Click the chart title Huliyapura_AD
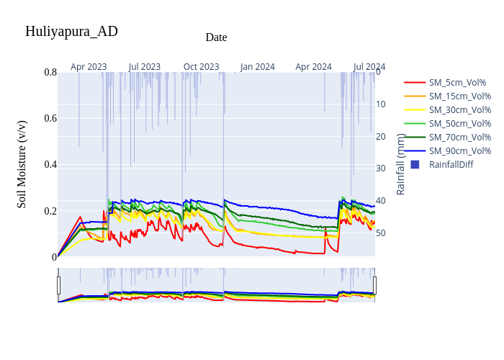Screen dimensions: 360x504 71,32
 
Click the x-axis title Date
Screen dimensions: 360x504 216,37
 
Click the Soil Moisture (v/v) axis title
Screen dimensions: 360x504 22,164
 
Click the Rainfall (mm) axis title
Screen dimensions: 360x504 401,164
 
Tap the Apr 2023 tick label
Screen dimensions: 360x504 89,67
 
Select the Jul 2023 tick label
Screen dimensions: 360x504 145,67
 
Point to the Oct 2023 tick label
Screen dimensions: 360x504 201,67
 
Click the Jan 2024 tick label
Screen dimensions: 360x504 258,67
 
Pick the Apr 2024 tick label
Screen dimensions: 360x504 314,67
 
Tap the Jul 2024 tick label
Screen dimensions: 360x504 369,67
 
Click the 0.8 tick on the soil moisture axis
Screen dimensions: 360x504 50,72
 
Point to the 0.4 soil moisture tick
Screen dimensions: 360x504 50,165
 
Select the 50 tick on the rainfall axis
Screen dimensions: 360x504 382,233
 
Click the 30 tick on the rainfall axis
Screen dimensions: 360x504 382,168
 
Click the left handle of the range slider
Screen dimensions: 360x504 58,285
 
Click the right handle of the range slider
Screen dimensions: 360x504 374,285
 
